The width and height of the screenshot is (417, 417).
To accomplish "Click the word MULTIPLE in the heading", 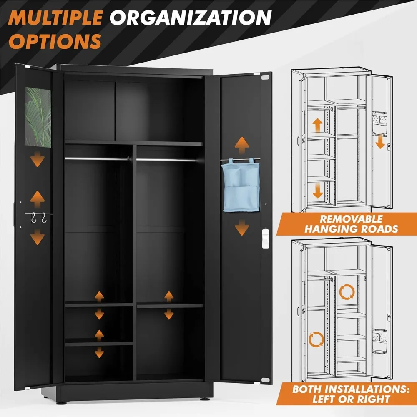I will (x=57, y=18).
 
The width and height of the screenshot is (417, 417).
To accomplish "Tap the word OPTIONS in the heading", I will (x=56, y=41).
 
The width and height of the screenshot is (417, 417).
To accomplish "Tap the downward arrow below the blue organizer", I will (x=241, y=229).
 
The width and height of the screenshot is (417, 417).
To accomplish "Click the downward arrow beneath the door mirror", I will (x=38, y=159).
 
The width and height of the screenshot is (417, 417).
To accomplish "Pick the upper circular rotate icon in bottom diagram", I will (x=346, y=293).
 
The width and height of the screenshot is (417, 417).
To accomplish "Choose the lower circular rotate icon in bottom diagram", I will (x=316, y=339).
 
